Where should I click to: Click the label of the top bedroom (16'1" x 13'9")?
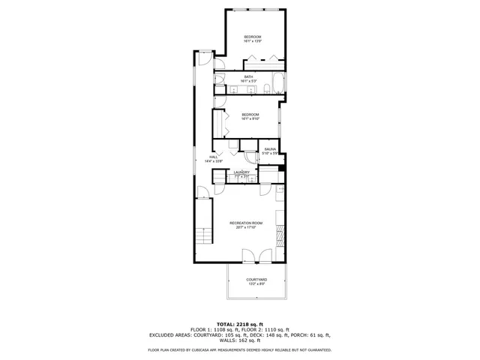coord(252,37)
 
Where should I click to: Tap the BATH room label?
coord(247,76)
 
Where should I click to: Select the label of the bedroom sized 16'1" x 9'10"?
coord(250,115)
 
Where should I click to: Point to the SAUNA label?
coord(270,149)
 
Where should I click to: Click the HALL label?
coord(213,157)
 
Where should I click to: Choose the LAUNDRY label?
coord(241,172)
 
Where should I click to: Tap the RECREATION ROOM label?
coord(246,223)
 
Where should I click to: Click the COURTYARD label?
coord(256,280)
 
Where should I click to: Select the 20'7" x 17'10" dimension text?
coord(246,228)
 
